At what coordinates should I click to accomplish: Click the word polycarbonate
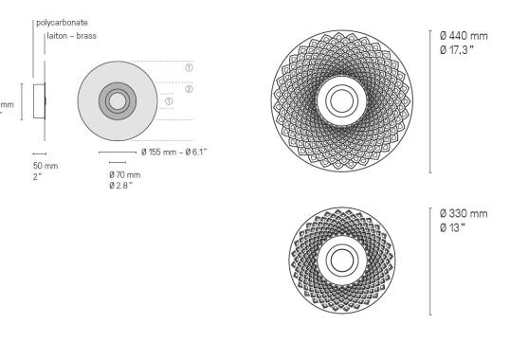[x=62, y=21]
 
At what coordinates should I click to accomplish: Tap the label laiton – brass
[x=67, y=35]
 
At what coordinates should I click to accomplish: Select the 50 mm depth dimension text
[x=46, y=166]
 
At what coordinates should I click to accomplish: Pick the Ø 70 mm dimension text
[x=124, y=174]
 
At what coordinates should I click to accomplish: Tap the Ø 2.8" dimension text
[x=121, y=184]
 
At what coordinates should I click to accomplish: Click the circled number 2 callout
[x=189, y=89]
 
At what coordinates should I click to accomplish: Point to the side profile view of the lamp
[x=40, y=102]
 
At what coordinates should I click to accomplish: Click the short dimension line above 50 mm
[x=39, y=153]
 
